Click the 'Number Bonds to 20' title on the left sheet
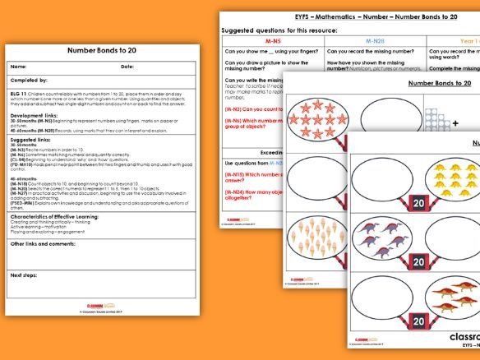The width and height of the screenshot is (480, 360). (101, 49)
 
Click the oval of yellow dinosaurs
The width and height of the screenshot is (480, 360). (448, 177)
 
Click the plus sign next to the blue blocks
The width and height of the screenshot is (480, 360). (455, 123)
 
